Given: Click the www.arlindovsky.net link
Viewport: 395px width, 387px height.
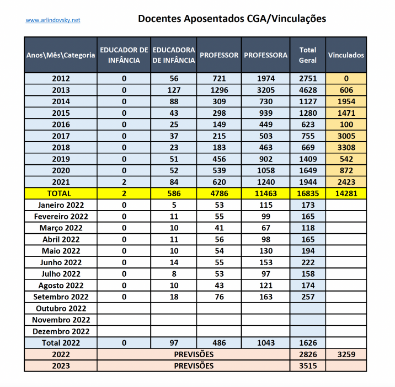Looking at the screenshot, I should click(53, 20).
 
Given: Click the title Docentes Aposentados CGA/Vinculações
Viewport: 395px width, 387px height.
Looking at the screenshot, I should click(232, 18).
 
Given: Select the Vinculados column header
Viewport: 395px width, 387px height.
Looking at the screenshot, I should click(346, 55).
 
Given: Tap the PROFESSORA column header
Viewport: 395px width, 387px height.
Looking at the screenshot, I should click(266, 55).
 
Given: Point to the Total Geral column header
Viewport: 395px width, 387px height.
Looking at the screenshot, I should click(308, 55).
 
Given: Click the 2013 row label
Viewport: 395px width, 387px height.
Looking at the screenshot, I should click(61, 90).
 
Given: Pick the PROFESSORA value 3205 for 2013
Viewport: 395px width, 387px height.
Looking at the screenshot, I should click(266, 90).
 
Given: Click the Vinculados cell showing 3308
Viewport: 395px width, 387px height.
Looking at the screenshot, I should click(346, 147).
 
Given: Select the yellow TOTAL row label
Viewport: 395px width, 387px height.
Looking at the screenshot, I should click(61, 193).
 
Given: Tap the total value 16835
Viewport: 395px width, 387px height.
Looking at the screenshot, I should click(308, 193).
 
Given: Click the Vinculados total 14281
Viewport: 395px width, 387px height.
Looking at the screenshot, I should click(346, 193).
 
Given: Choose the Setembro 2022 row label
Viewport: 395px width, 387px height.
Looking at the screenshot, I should click(61, 297).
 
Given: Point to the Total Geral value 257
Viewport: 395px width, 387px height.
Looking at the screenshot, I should click(308, 297).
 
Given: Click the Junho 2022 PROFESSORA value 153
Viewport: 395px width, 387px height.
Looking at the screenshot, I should click(266, 262).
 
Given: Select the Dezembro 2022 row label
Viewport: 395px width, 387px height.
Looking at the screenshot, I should click(61, 331).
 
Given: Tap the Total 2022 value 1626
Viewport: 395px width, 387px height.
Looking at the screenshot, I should click(308, 343).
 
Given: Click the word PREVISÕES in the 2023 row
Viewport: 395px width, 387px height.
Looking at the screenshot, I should click(194, 365).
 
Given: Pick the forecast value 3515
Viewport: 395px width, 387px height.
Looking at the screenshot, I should click(308, 365).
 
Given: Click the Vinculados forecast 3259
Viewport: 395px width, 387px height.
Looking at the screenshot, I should click(346, 354).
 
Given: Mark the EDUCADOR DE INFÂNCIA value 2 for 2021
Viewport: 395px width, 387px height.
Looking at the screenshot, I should click(124, 182).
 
